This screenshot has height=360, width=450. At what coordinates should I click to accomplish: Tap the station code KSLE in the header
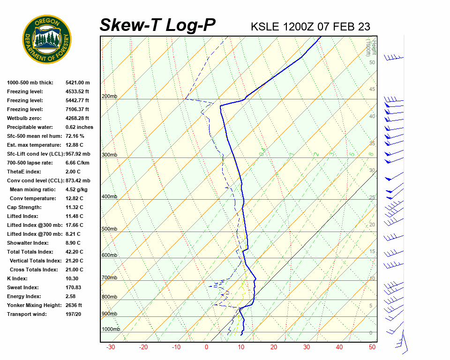click(x=265, y=27)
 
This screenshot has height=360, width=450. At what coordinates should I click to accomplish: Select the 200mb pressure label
click(x=109, y=97)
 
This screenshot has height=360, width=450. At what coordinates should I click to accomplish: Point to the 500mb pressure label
click(x=109, y=229)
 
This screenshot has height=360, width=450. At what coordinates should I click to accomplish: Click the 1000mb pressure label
click(x=111, y=330)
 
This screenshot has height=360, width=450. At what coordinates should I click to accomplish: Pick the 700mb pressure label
click(x=109, y=278)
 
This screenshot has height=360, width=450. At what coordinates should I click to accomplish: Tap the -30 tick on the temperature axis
click(x=111, y=347)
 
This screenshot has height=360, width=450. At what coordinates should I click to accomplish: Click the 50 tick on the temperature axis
click(x=372, y=347)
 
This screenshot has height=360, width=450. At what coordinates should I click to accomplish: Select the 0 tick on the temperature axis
click(x=206, y=347)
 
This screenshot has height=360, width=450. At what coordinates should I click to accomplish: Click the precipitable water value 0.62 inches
click(x=79, y=127)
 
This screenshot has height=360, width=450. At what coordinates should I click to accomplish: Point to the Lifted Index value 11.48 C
click(x=74, y=216)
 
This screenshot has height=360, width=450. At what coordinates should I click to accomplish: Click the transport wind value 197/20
click(x=74, y=314)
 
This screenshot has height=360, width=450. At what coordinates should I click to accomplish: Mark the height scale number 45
click(x=372, y=90)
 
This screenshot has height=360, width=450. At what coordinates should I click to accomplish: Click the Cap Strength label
click(x=24, y=207)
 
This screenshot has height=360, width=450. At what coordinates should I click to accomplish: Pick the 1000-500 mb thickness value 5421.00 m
click(x=77, y=82)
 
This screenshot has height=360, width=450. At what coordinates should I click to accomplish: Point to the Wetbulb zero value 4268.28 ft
click(x=77, y=118)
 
